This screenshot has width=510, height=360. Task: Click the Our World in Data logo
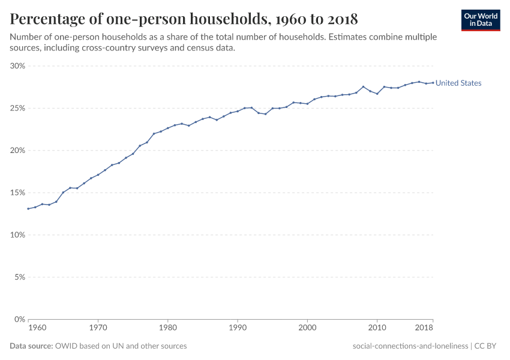pyautogui.click(x=481, y=20)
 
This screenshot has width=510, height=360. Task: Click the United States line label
pyautogui.click(x=458, y=83)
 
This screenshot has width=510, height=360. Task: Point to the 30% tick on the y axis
pyautogui.click(x=17, y=66)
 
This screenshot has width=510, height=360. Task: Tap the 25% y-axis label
pyautogui.click(x=17, y=109)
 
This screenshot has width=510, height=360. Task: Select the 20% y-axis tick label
pyautogui.click(x=17, y=151)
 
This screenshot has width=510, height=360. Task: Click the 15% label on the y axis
pyautogui.click(x=17, y=193)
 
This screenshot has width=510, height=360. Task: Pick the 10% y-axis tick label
pyautogui.click(x=17, y=235)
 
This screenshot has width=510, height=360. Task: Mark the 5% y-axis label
pyautogui.click(x=19, y=277)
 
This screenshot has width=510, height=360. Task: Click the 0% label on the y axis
pyautogui.click(x=19, y=319)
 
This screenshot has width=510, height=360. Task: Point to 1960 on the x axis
pyautogui.click(x=37, y=329)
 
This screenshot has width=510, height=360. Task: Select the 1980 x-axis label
pyautogui.click(x=167, y=329)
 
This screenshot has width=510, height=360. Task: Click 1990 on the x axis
pyautogui.click(x=238, y=329)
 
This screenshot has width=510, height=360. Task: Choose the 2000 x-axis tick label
pyautogui.click(x=307, y=329)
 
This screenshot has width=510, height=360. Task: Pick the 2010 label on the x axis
pyautogui.click(x=377, y=329)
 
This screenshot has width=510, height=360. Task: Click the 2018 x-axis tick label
pyautogui.click(x=424, y=329)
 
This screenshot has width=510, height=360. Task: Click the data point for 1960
pyautogui.click(x=28, y=209)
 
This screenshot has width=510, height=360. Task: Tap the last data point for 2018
pyautogui.click(x=433, y=83)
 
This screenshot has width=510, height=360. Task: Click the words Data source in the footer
pyautogui.click(x=31, y=346)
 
